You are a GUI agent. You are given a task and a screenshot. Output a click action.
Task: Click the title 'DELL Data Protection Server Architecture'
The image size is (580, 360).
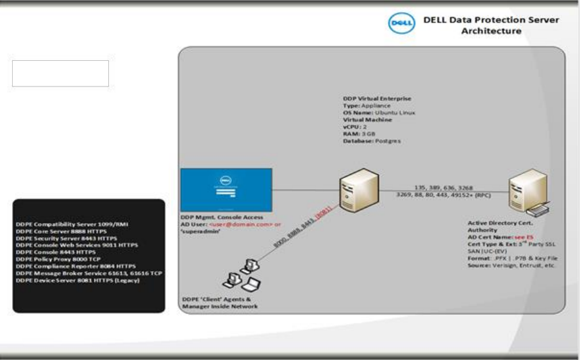tap(491, 25)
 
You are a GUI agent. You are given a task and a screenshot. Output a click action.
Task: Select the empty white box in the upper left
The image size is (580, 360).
tap(60, 74)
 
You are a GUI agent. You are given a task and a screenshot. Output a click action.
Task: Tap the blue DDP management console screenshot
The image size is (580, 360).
tap(226, 190)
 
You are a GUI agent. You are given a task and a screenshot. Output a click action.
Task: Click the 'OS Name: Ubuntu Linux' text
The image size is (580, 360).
tap(379, 113)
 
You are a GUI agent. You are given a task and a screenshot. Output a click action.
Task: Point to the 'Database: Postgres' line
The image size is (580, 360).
tap(372, 141)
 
